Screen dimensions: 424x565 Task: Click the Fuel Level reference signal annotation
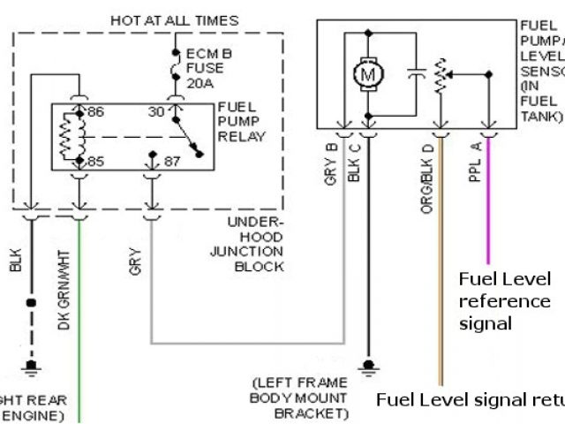[x=504, y=301]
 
